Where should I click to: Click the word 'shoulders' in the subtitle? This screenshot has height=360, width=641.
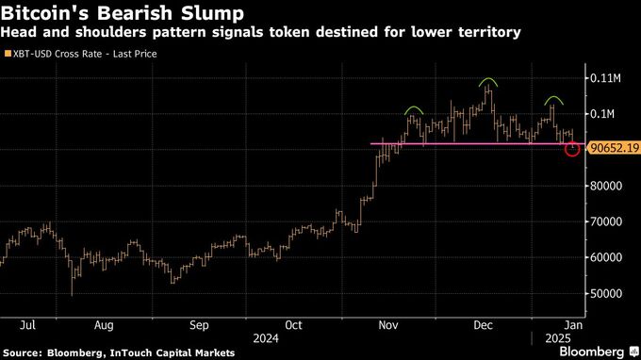tap(116, 33)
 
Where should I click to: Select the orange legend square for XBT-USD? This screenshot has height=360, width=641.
tap(8, 54)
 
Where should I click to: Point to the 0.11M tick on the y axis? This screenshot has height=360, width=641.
tap(605, 77)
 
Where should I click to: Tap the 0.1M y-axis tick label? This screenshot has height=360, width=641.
tap(602, 113)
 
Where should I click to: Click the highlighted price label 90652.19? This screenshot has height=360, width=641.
tap(613, 149)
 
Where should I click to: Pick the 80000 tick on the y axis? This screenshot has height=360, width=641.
tap(606, 186)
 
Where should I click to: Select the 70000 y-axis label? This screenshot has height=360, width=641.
tap(606, 221)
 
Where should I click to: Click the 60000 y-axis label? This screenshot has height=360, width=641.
tap(606, 257)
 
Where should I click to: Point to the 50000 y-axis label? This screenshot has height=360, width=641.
tap(606, 293)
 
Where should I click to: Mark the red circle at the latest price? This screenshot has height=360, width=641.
tap(572, 149)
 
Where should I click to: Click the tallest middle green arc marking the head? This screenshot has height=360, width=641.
tap(487, 82)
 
